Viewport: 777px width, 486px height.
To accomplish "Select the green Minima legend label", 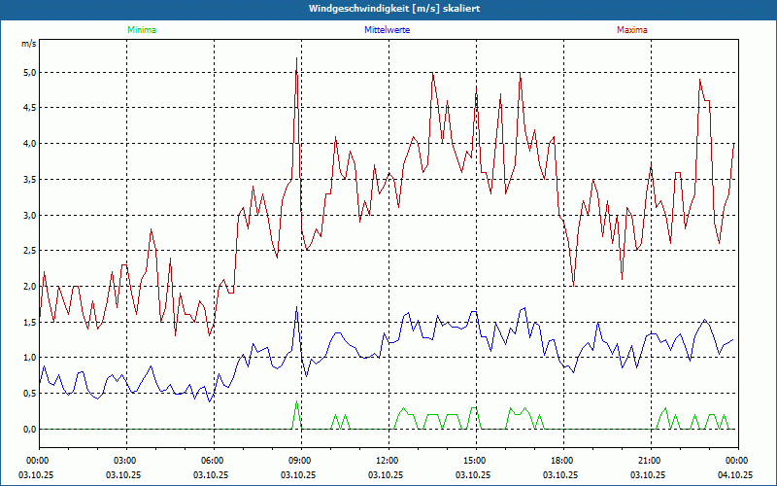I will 141,30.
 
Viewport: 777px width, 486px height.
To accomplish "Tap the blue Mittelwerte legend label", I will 387,30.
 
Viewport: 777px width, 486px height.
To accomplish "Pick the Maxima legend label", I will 631,30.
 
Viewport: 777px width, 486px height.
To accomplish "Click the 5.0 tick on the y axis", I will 29,72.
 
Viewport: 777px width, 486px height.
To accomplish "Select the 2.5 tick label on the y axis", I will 29,251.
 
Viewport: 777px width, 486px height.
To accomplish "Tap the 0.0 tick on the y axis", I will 29,429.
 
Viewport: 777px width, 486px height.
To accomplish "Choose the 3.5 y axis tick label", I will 29,179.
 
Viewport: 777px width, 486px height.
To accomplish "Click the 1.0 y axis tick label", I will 29,358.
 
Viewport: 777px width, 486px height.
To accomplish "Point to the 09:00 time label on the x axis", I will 299,461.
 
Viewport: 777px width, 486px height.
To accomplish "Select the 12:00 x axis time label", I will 387,461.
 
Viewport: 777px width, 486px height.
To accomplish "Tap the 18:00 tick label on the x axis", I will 561,461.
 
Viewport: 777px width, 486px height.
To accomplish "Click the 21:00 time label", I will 649,461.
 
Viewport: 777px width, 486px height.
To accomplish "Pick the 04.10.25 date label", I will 736,475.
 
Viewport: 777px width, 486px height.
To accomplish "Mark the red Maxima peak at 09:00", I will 296,58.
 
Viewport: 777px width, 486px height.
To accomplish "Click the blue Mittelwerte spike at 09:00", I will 296,308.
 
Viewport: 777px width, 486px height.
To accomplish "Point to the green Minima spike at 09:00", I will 296,401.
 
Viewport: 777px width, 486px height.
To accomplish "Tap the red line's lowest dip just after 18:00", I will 573,286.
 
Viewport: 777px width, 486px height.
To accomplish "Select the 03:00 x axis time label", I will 124,461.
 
